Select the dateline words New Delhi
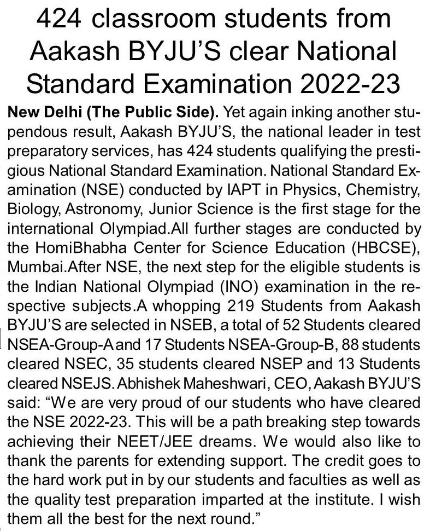(x=37, y=113)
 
